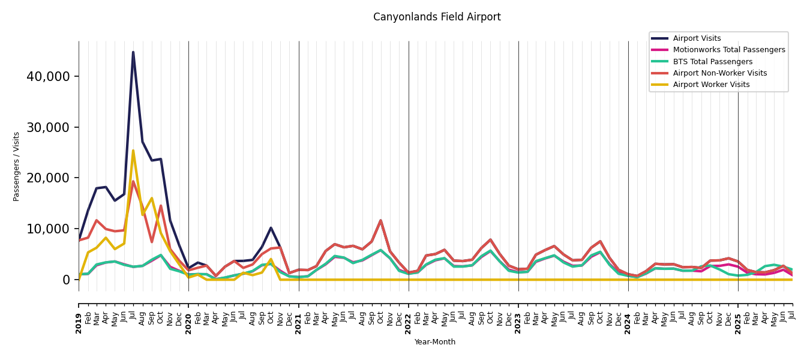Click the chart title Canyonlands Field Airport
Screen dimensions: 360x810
click(x=437, y=17)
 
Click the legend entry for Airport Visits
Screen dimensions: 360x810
click(x=697, y=38)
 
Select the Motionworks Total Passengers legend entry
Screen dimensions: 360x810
click(x=728, y=50)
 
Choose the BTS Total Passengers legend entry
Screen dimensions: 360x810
click(x=712, y=62)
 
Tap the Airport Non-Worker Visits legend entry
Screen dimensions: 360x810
click(x=719, y=73)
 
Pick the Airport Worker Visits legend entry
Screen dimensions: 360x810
click(x=711, y=85)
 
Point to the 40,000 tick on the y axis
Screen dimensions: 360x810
click(x=49, y=76)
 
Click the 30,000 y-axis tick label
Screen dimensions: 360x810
click(x=49, y=127)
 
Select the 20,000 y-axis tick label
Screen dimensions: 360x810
click(x=49, y=178)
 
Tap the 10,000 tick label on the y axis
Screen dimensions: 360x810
click(x=49, y=229)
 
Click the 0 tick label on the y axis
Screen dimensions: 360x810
click(x=66, y=280)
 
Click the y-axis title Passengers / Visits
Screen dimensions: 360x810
click(x=17, y=166)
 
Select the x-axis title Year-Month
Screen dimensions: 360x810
click(x=435, y=342)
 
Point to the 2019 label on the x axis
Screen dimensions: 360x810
click(x=79, y=323)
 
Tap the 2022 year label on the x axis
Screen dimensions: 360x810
click(x=409, y=323)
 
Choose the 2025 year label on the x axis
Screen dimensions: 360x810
click(x=738, y=323)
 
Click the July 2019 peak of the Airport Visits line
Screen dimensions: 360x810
click(x=133, y=52)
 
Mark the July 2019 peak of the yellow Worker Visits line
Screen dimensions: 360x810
click(x=133, y=151)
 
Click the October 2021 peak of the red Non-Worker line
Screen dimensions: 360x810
click(x=380, y=220)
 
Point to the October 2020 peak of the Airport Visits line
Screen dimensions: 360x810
click(x=271, y=228)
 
